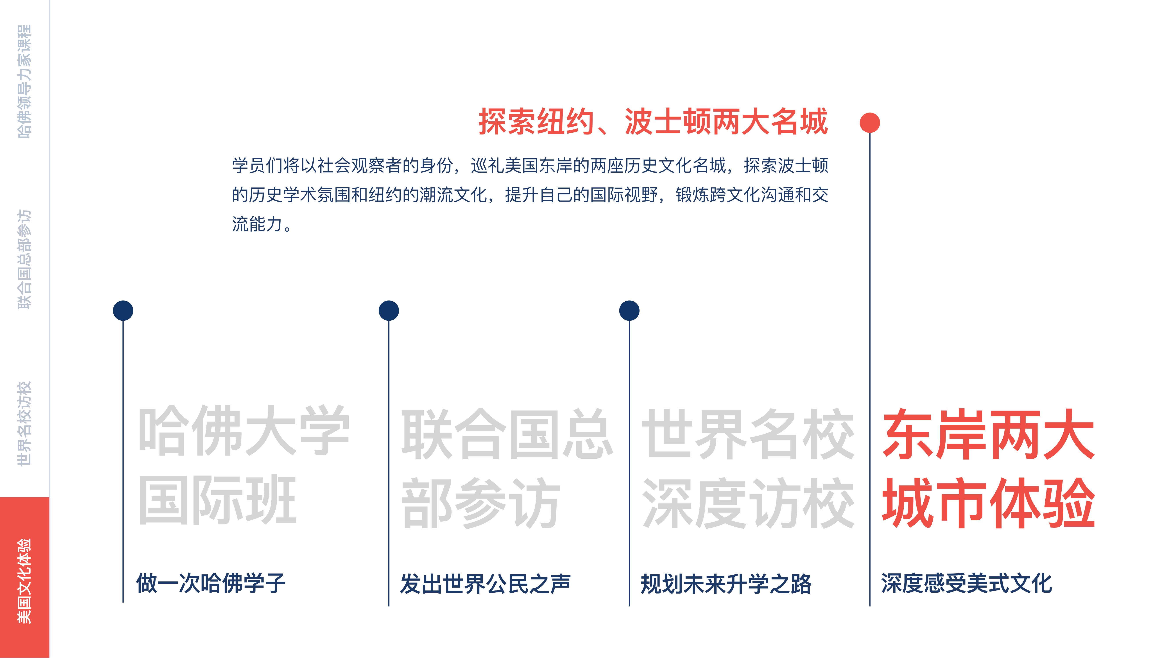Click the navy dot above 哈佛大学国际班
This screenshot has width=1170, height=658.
pyautogui.click(x=123, y=311)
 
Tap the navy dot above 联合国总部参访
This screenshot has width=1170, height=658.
pyautogui.click(x=389, y=311)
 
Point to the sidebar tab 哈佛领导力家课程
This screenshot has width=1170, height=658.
pyautogui.click(x=25, y=82)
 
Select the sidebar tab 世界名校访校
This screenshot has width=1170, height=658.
pyautogui.click(x=25, y=423)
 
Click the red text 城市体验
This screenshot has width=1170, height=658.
pyautogui.click(x=988, y=503)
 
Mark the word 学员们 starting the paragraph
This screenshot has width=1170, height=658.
pyautogui.click(x=258, y=165)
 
